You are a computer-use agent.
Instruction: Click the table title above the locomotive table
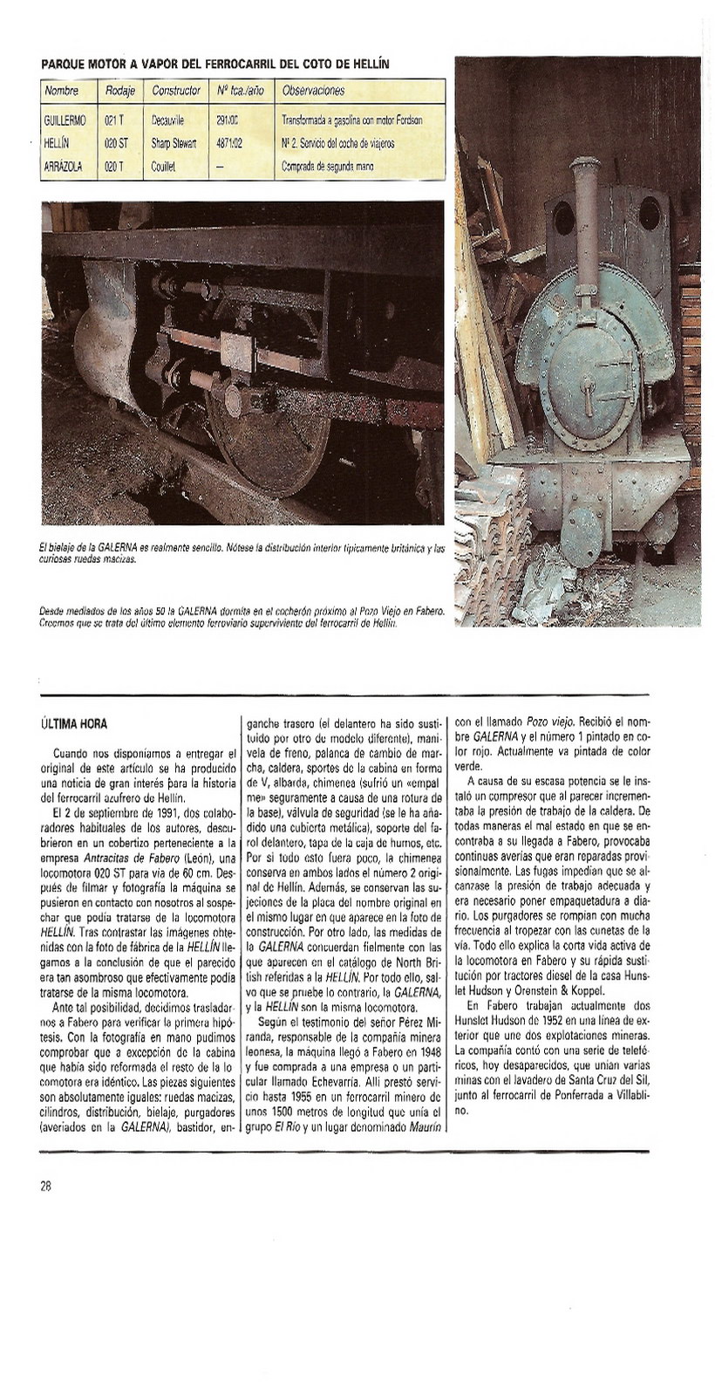point(214,64)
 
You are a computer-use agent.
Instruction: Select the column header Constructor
point(176,91)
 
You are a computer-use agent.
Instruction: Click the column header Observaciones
point(313,91)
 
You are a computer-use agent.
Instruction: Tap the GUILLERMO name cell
point(65,120)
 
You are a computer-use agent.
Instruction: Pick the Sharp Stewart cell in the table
point(174,142)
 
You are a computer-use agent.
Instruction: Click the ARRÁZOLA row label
point(63,166)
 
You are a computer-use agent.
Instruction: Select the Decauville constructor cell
point(167,120)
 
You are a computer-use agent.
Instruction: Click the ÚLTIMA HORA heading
point(73,724)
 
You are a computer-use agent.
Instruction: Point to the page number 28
point(45,1186)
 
